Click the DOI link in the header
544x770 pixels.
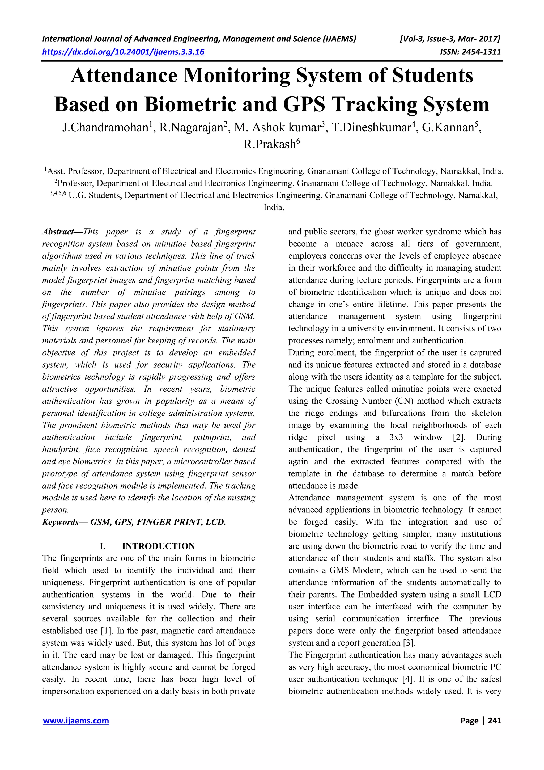[123, 52]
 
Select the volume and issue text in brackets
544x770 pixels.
[450, 39]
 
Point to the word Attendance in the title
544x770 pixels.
[124, 75]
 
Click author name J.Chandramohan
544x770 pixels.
[105, 128]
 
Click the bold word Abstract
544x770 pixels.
[58, 232]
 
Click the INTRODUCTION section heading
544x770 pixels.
[158, 546]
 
